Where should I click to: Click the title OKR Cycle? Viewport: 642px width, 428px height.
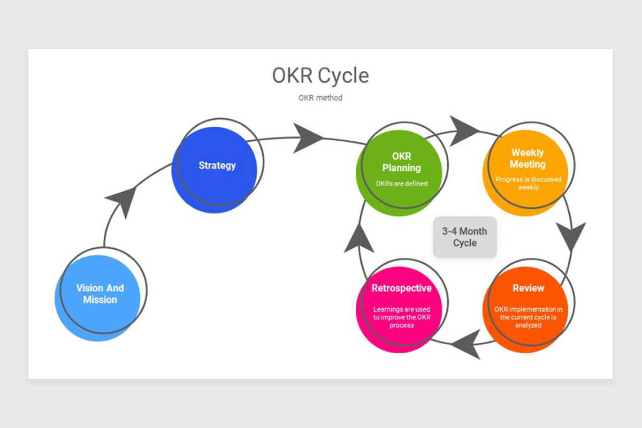(320, 75)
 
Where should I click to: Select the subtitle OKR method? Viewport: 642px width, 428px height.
(320, 98)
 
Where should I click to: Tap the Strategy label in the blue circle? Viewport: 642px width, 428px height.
(217, 166)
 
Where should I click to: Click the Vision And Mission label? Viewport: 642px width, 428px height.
(100, 294)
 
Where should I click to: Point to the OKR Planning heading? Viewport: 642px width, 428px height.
(402, 162)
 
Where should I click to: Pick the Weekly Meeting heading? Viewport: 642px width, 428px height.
(528, 158)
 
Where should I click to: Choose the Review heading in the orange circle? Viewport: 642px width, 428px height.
(528, 288)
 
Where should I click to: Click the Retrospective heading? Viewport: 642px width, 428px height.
(402, 288)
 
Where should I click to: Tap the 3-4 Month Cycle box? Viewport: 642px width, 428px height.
(464, 237)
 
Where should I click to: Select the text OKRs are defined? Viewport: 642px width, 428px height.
(402, 184)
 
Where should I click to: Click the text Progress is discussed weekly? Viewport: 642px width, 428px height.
(528, 183)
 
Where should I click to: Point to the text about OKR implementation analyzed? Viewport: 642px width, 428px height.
(528, 317)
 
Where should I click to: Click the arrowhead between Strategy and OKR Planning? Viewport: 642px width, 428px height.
(307, 138)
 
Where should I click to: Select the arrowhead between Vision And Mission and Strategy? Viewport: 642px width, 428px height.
(123, 201)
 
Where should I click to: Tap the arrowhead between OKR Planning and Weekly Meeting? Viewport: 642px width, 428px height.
(463, 131)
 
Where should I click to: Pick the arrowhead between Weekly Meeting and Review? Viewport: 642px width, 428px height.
(571, 235)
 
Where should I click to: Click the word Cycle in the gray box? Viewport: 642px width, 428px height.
(464, 243)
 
